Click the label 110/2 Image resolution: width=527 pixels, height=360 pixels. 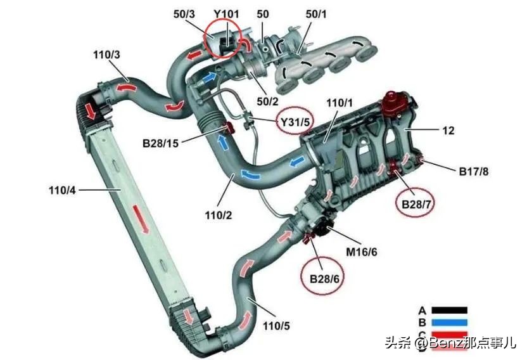219,216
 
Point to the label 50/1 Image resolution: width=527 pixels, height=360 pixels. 312,13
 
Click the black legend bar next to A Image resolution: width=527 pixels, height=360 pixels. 449,311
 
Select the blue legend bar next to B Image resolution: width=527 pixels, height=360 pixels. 449,323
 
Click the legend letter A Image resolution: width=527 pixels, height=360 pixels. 422,311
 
